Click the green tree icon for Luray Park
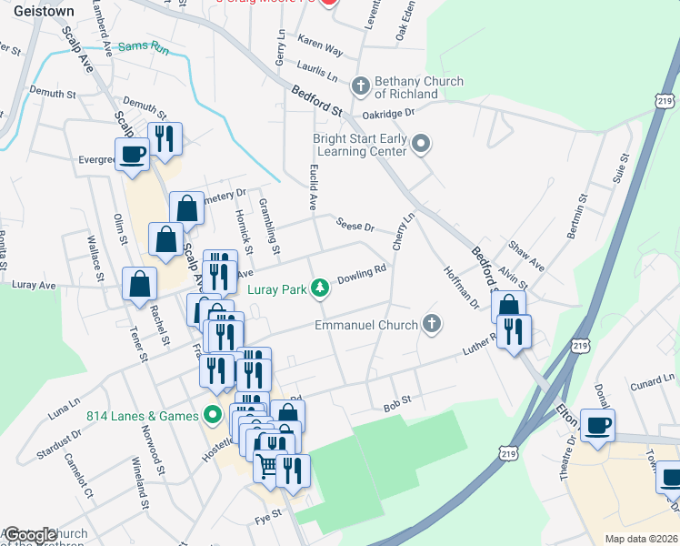click(x=319, y=288)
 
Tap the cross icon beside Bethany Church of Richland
click(x=360, y=87)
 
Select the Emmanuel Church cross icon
click(x=432, y=324)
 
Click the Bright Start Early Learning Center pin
click(x=421, y=144)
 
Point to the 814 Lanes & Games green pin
click(x=213, y=416)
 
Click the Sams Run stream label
click(x=144, y=45)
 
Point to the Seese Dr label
click(x=355, y=226)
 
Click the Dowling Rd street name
click(x=363, y=273)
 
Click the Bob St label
click(x=397, y=400)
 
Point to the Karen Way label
click(x=320, y=47)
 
